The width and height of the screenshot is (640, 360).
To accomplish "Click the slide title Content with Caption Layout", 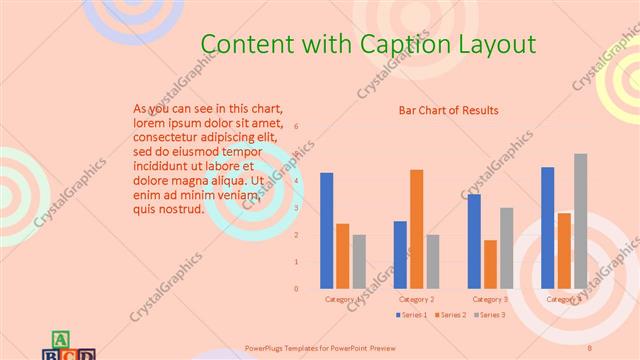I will coord(368,44).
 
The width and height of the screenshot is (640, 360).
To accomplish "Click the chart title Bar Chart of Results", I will coord(448,110).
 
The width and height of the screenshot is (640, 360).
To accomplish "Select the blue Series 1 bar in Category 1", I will coord(327,231).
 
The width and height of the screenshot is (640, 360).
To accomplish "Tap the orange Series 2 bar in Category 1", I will coord(343,256).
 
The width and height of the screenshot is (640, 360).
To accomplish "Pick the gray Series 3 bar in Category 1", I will coord(359,262).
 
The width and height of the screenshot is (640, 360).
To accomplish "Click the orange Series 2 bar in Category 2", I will coord(416,229).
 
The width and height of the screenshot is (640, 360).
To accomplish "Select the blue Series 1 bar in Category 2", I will coord(400,255).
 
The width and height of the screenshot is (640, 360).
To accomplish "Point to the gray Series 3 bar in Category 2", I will coord(432,262).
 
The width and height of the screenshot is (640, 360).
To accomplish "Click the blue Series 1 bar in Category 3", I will coord(474,241).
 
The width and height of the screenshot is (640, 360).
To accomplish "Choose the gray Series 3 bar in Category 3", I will coord(506,248).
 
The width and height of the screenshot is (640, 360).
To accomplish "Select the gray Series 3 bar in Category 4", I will coord(580,221).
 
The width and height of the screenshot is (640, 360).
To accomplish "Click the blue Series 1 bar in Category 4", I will coord(548,228).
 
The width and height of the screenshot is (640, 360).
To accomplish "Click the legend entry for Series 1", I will coord(411,316).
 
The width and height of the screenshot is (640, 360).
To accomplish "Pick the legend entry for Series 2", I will coord(450,316).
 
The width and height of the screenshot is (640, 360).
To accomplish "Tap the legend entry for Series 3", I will coord(489,316).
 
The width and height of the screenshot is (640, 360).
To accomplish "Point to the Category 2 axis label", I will coord(416,299).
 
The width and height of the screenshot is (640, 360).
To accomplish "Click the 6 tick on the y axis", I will coord(296,127).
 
